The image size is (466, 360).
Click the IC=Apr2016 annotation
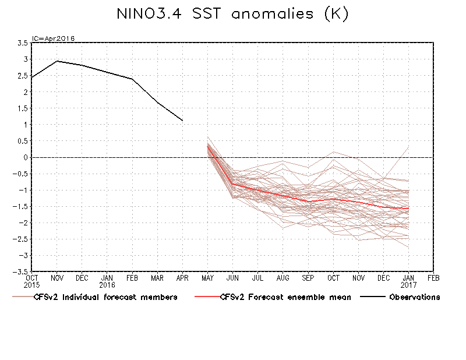pos(53,38)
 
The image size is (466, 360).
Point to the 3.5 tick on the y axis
pos(23,43)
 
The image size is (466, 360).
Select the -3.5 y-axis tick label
pos(22,272)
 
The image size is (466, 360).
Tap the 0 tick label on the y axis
pos(27,157)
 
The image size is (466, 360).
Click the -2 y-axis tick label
pos(23,223)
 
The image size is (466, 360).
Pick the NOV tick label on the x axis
pos(57,278)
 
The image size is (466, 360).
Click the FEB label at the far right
pos(433,278)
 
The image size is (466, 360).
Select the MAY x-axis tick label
pos(208,278)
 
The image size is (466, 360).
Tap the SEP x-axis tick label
pos(308,278)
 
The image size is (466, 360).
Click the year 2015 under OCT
pos(32,285)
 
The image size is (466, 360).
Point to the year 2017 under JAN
pos(408,285)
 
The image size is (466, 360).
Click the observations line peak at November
pos(57,61)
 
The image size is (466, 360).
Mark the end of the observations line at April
pos(183,121)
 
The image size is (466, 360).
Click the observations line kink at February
pos(132,79)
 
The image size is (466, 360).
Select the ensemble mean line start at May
pos(208,146)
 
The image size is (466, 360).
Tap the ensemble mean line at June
pos(233,184)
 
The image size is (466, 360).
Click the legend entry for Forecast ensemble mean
pos(285,297)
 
